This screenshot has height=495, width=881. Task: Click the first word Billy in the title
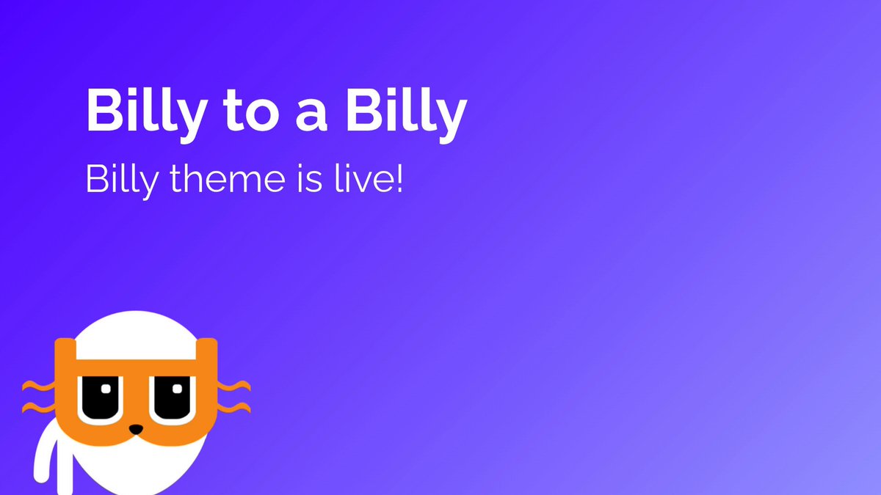(146, 114)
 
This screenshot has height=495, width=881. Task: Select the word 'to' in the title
(251, 112)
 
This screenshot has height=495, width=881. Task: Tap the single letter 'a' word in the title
(311, 116)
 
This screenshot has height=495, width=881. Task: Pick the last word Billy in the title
(406, 114)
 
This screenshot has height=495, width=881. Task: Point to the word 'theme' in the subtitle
(228, 178)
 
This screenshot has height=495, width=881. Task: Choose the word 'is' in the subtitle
(310, 179)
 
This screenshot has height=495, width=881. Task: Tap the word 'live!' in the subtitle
(369, 178)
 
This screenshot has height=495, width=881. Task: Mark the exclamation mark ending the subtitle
(399, 179)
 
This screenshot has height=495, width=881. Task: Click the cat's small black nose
(136, 429)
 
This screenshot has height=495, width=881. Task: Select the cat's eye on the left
(101, 399)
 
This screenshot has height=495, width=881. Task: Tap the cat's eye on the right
(173, 399)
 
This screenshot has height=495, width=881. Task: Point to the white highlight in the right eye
(178, 389)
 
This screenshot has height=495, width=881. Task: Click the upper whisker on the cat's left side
(38, 386)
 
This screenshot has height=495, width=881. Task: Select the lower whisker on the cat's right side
(233, 408)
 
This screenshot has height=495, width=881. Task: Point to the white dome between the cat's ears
(136, 336)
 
